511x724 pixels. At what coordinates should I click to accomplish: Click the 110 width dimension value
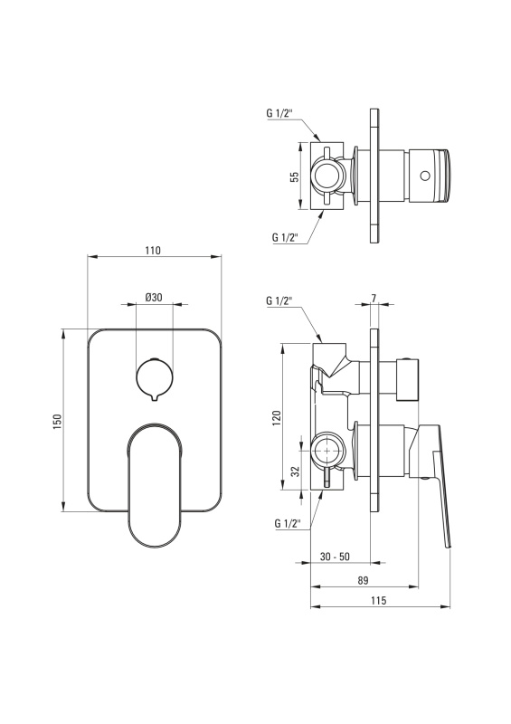point(153,251)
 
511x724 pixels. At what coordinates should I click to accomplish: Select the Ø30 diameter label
point(154,298)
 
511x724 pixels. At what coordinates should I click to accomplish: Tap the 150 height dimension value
point(57,420)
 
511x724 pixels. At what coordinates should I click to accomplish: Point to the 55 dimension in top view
point(295,176)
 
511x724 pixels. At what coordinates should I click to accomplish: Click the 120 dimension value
point(277,418)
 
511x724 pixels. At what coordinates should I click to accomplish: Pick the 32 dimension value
point(296,471)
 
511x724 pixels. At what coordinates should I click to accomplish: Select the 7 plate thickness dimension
point(374,299)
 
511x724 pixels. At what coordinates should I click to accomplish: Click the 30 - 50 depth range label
point(336,557)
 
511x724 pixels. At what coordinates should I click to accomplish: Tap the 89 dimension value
point(364,580)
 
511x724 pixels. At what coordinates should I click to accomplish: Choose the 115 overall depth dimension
point(378,601)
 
